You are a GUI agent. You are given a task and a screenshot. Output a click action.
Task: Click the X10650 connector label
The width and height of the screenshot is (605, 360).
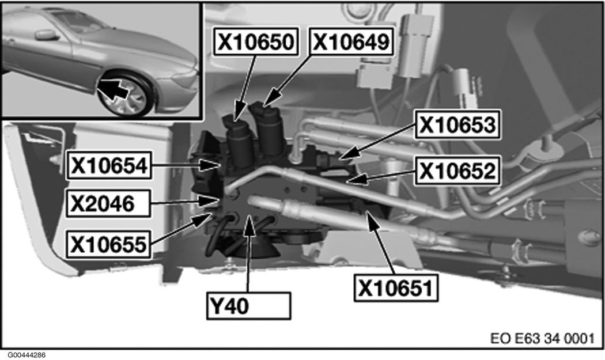point(256,41)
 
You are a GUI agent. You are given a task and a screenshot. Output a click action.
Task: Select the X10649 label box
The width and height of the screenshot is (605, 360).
point(351,41)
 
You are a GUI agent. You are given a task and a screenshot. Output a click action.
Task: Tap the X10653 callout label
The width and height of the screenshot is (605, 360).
point(457,124)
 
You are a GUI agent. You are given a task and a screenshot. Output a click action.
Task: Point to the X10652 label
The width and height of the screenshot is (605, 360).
point(457,170)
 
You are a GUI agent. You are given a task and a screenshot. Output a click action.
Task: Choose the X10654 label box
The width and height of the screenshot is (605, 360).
point(109,165)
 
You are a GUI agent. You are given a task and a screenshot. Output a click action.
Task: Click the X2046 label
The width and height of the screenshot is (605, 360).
point(108,203)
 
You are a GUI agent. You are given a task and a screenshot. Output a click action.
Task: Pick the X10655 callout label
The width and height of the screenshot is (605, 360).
point(109,244)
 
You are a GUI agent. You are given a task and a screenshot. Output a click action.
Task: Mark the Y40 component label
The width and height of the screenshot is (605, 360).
point(248,306)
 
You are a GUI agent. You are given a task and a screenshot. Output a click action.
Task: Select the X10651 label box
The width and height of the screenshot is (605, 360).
point(396,287)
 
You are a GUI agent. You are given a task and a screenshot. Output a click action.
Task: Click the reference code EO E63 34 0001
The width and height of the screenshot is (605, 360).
point(542,338)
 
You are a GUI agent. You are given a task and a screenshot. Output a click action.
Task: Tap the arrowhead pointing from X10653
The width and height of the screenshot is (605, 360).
point(347,155)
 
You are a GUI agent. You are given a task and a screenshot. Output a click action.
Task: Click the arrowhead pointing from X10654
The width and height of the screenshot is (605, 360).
point(211,165)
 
